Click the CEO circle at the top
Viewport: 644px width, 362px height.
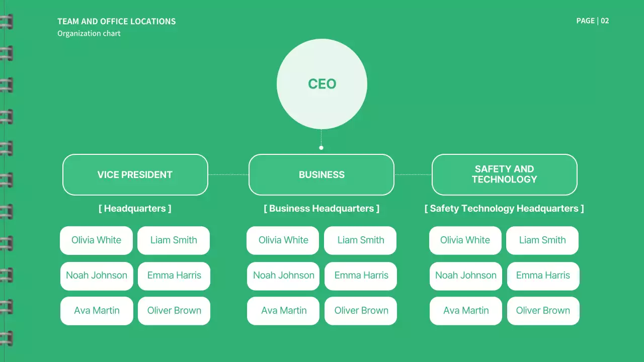click(322, 84)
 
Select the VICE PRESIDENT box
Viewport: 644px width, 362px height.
click(135, 174)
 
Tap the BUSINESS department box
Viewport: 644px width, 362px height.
click(321, 174)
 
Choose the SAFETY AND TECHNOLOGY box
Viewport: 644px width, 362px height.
click(504, 174)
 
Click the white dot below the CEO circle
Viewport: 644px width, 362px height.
click(321, 148)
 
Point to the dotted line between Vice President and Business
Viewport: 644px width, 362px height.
click(228, 174)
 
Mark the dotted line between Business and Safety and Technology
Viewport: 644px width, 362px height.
click(413, 174)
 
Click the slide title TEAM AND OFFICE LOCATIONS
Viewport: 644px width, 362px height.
click(117, 22)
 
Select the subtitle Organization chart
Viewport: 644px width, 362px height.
click(89, 34)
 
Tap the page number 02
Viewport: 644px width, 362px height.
click(605, 21)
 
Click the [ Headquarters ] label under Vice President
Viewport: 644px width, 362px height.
click(135, 208)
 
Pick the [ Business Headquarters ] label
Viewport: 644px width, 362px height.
click(321, 208)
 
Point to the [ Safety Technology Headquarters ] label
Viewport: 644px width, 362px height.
click(504, 208)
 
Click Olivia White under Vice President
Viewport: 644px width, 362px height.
click(96, 240)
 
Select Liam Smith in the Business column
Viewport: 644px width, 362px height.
click(360, 240)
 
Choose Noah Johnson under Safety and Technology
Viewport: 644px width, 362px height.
click(465, 276)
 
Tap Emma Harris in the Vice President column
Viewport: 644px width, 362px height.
click(174, 276)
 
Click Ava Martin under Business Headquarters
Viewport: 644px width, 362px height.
click(283, 311)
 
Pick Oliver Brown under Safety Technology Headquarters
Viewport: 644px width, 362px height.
click(543, 311)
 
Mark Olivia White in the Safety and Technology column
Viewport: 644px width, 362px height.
click(465, 240)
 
